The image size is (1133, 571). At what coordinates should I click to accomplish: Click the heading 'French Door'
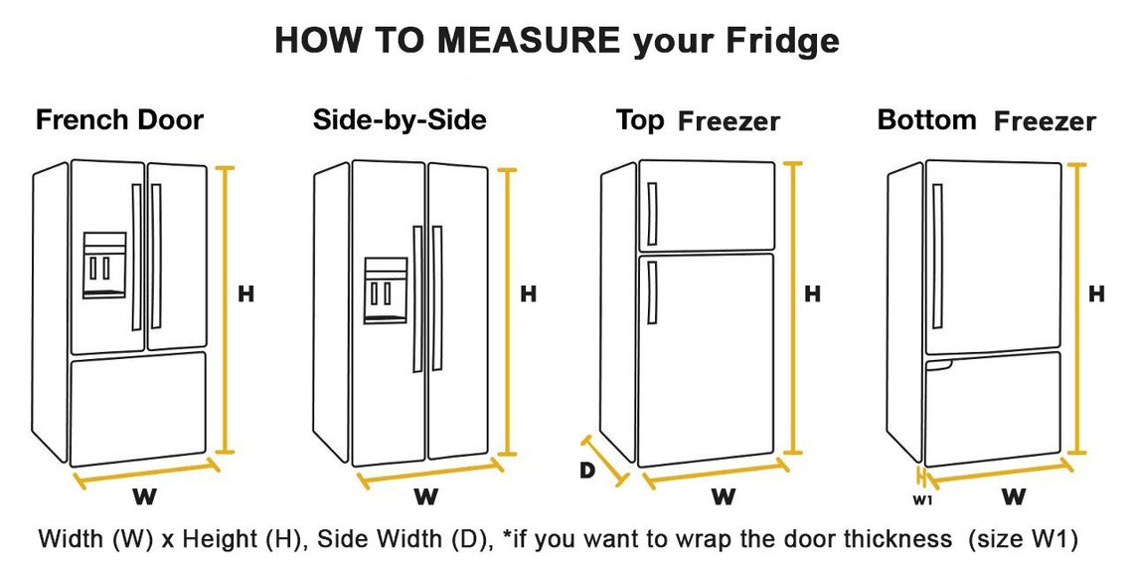(x=119, y=120)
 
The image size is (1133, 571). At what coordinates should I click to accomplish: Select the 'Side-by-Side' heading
(x=400, y=120)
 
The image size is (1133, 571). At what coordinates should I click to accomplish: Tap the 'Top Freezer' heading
(x=697, y=121)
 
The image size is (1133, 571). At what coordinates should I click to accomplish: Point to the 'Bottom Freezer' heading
(x=986, y=120)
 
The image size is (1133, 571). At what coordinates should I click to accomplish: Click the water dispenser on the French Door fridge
(x=104, y=265)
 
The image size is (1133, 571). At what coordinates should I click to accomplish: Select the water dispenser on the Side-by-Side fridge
(x=385, y=290)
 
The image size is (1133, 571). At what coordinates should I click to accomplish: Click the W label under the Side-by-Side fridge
(x=425, y=494)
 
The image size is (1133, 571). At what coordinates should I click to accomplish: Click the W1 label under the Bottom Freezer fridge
(x=922, y=500)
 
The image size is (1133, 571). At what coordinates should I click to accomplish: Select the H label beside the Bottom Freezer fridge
(x=1096, y=293)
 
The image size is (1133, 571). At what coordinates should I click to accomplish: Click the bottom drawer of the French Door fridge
(x=138, y=406)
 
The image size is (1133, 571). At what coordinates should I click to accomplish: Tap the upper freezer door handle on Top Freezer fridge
(x=652, y=214)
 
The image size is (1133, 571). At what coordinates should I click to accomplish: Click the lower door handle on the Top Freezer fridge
(x=651, y=292)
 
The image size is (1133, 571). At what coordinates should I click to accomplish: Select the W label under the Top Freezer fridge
(x=723, y=495)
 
